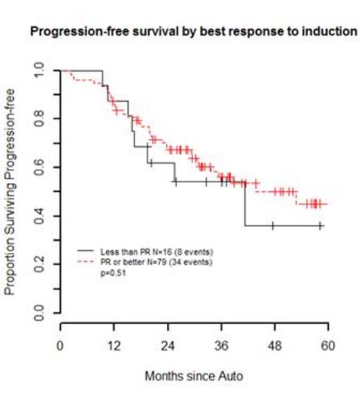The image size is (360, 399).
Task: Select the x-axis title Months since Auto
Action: point(193,376)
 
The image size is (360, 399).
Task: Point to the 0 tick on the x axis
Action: point(61,344)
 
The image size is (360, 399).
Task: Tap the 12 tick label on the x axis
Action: point(114,344)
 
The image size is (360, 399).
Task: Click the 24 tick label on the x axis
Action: point(168,344)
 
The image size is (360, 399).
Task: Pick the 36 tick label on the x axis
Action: point(222,344)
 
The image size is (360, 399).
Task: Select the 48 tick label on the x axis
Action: point(275,344)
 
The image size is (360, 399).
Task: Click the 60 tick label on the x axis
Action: point(328,344)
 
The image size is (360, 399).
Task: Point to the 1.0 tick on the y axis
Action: point(42,70)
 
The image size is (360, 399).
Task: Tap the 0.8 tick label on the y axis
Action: point(42,119)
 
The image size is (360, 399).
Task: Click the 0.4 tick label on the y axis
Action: point(42,217)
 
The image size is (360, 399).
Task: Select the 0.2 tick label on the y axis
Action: point(42,266)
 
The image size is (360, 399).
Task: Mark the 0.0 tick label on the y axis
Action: point(42,315)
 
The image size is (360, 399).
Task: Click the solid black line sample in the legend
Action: point(87,249)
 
